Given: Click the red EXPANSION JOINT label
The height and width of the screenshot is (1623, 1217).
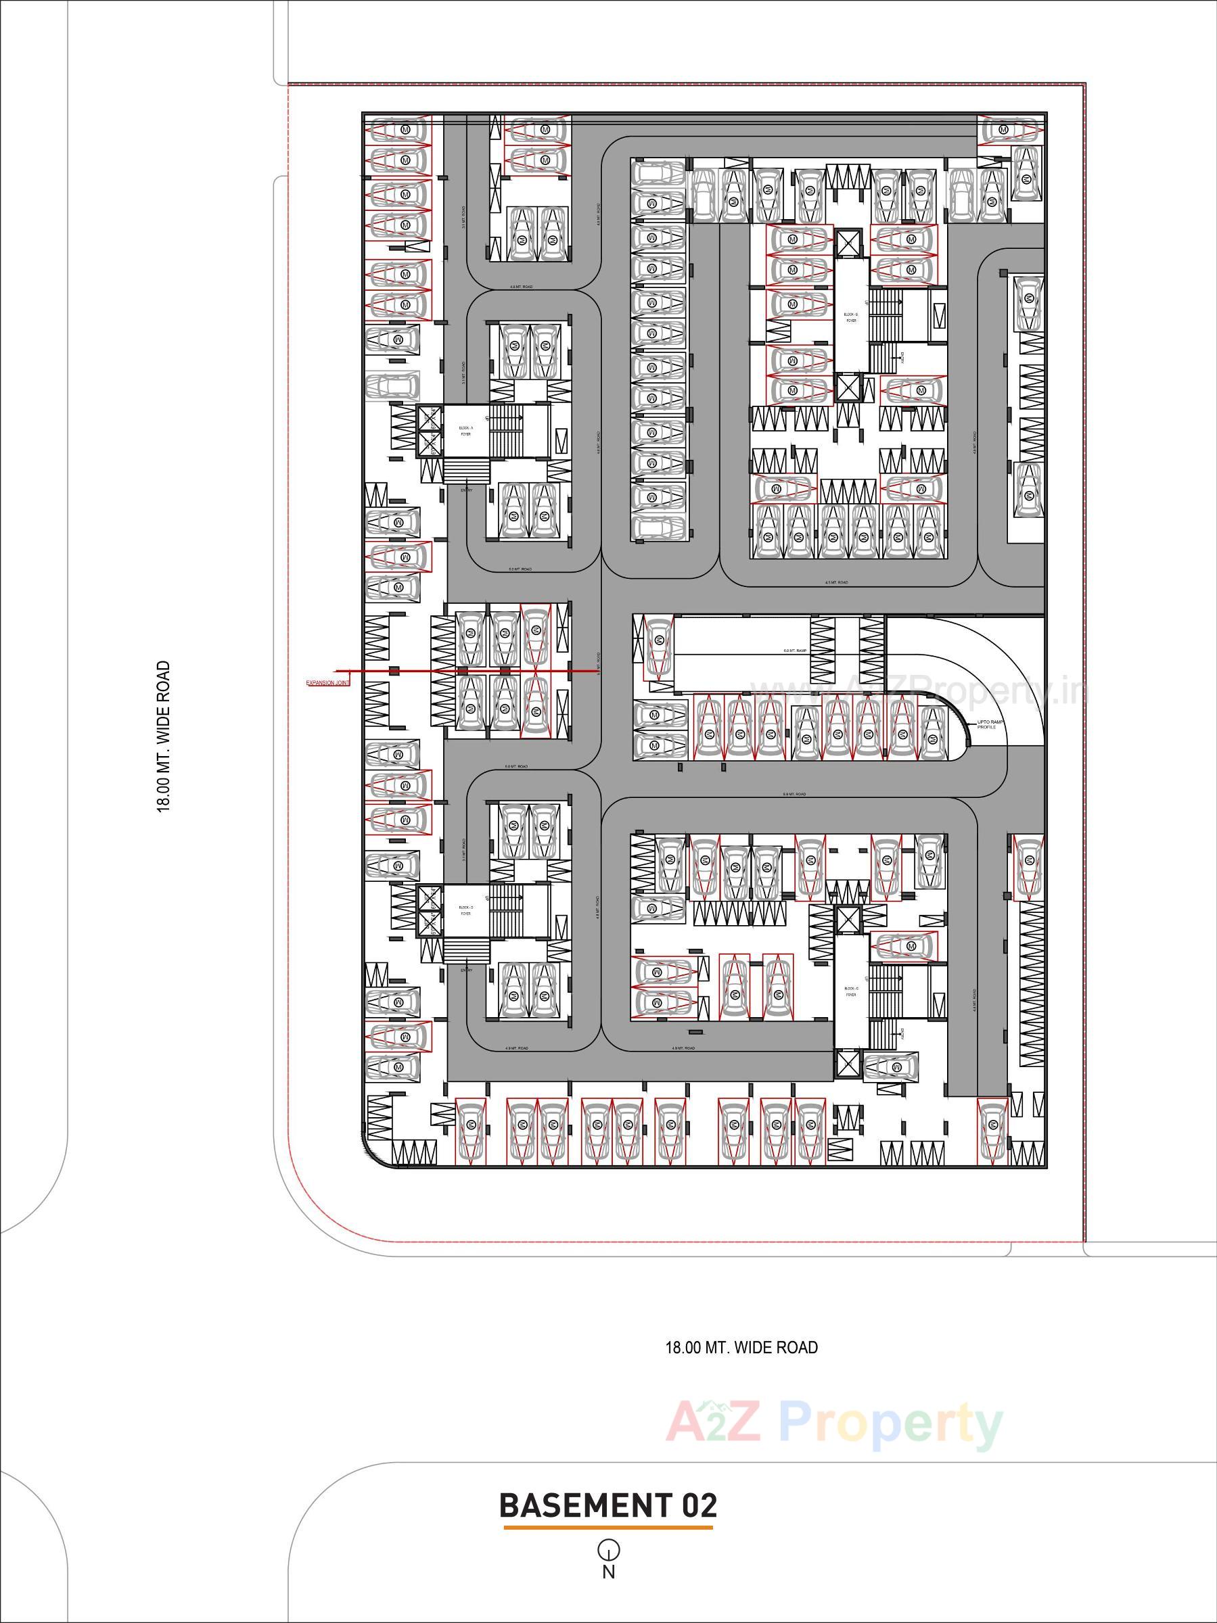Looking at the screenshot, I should click(x=327, y=683).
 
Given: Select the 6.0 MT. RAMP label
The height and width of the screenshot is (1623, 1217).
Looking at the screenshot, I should click(x=796, y=651).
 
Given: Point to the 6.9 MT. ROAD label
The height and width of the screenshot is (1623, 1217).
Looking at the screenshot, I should click(x=794, y=795).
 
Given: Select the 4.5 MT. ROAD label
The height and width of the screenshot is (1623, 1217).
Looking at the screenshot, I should click(x=836, y=582).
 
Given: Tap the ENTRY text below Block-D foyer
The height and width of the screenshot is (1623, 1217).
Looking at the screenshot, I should click(x=466, y=970).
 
